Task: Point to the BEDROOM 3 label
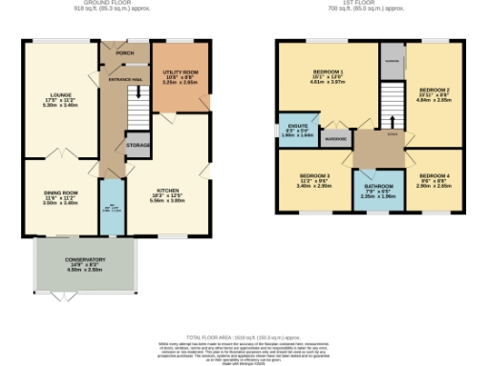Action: [313, 180]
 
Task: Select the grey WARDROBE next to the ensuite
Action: [334, 134]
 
